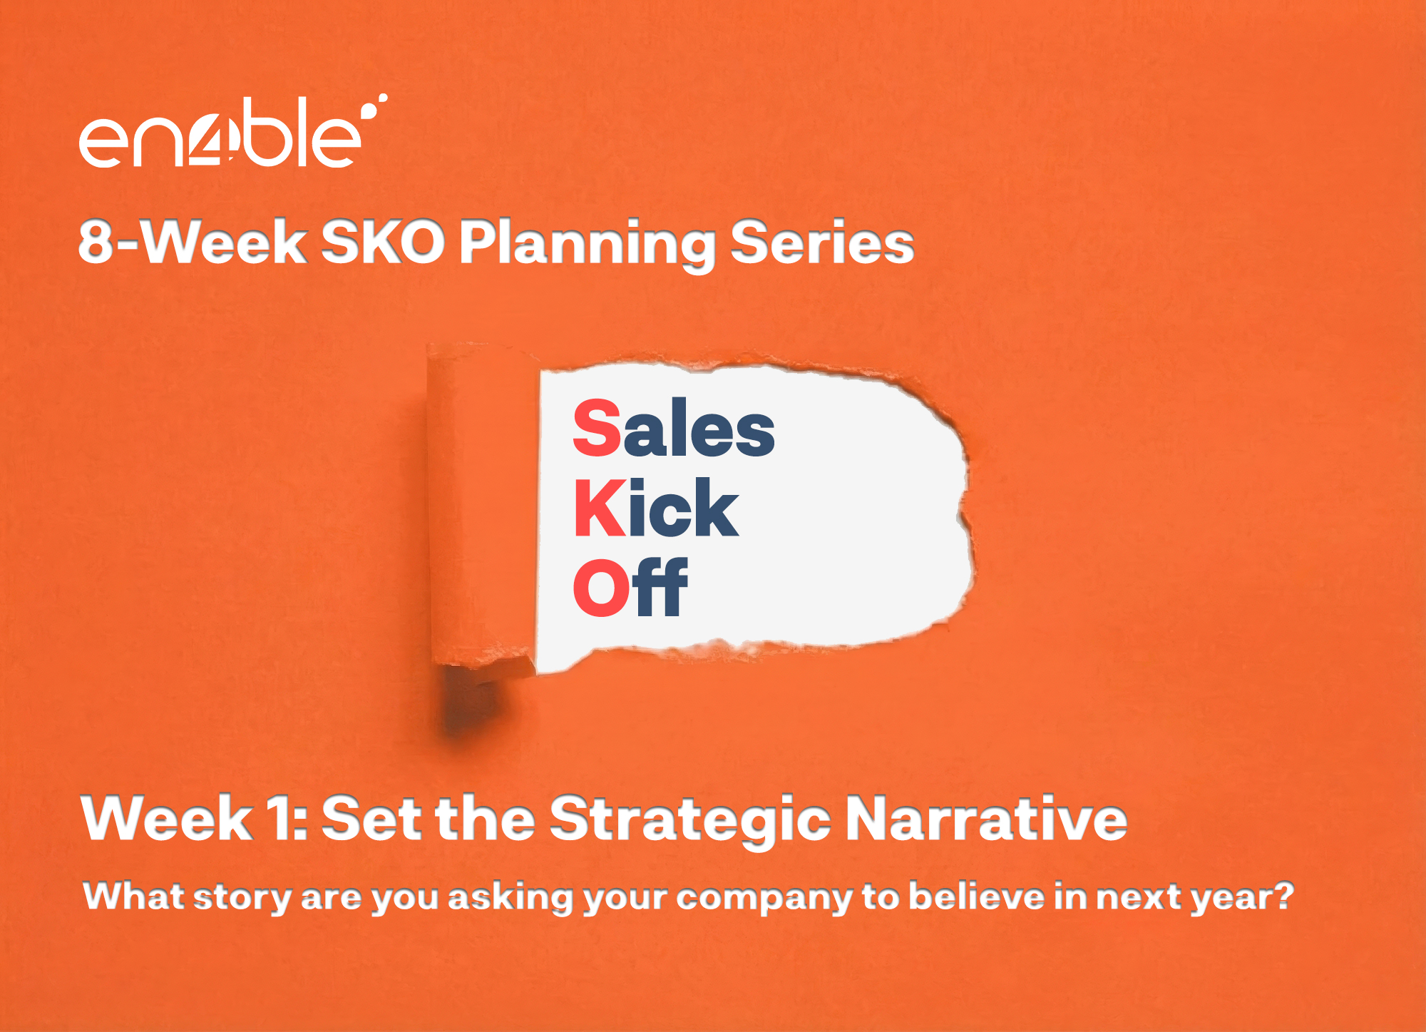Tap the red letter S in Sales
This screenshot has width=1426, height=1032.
(597, 428)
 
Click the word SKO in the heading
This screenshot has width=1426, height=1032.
(383, 242)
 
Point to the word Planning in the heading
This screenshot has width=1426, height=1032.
(587, 245)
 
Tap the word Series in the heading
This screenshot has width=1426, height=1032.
(822, 242)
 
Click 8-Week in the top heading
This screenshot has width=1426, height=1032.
(193, 242)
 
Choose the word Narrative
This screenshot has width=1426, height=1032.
(986, 818)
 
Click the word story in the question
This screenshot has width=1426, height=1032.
(242, 898)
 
